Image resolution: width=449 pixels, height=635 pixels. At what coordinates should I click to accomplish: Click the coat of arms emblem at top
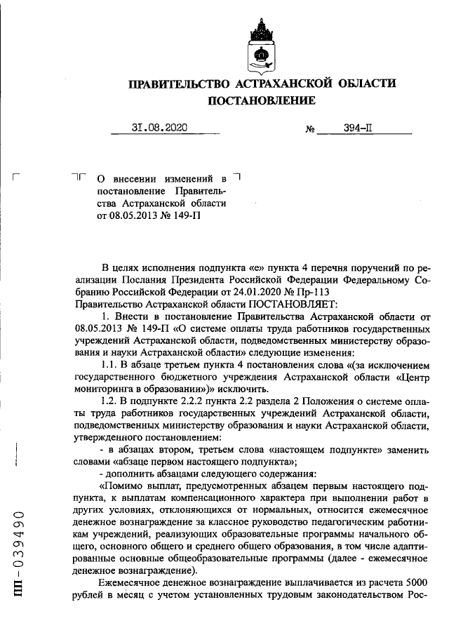261,46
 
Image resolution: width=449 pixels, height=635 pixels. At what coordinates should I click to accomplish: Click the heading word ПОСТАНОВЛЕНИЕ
261,101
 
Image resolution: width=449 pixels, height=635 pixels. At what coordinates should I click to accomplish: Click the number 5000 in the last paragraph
415,585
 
